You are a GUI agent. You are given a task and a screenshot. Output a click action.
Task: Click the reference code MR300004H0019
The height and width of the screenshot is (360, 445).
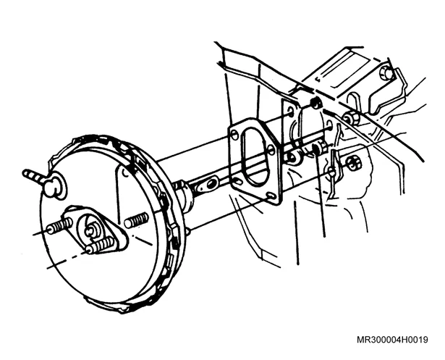click(x=392, y=340)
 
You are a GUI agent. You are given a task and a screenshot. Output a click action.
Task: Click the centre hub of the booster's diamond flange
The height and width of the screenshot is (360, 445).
click(x=90, y=228)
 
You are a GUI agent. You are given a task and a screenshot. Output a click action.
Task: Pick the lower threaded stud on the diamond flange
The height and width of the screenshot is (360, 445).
click(x=101, y=246)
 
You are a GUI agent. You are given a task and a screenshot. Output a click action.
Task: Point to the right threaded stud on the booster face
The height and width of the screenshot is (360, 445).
click(x=137, y=220)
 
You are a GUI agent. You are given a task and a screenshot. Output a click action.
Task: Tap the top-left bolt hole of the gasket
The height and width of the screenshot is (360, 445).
click(x=234, y=135)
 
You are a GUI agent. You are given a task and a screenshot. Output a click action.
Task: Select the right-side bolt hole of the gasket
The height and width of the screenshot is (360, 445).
click(x=271, y=150)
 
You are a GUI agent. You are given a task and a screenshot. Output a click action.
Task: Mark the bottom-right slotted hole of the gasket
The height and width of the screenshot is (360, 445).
click(x=272, y=196)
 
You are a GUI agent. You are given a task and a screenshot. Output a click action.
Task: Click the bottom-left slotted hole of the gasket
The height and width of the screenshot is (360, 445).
click(x=237, y=180)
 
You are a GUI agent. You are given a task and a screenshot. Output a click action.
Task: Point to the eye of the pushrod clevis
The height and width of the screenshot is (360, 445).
click(x=211, y=185)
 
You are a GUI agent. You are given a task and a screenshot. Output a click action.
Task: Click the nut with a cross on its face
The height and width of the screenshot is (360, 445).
click(x=353, y=164)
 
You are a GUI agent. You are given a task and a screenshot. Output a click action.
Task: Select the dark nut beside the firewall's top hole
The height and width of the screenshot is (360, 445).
click(x=315, y=104)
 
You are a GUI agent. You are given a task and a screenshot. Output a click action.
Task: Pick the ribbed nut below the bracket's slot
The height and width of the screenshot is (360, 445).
click(x=351, y=117)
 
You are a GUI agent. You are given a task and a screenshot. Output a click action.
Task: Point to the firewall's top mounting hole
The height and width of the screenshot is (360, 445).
click(x=291, y=112)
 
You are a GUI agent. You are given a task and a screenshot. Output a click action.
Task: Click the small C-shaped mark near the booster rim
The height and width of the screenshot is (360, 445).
click(x=125, y=172)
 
